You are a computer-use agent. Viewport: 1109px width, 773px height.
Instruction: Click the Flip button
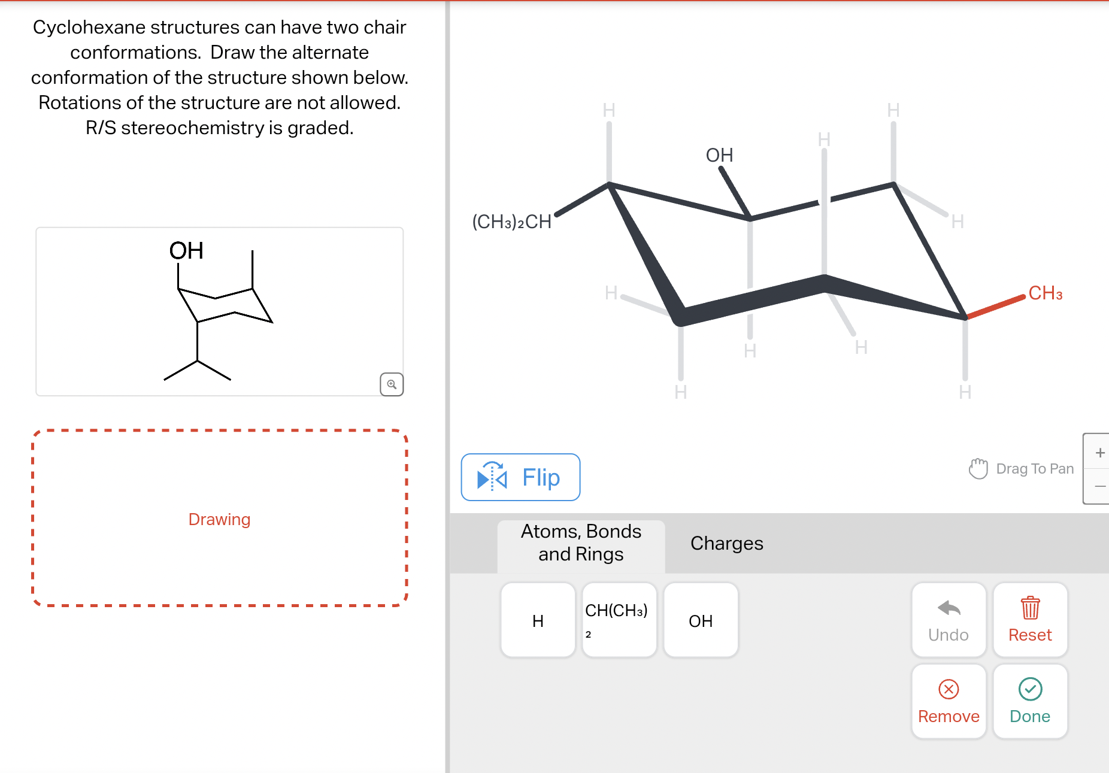click(x=520, y=477)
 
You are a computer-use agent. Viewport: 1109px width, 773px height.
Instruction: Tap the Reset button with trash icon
click(x=1030, y=620)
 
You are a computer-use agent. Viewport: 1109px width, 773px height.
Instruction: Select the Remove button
click(x=949, y=701)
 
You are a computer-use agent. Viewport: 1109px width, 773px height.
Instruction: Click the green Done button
click(x=1030, y=701)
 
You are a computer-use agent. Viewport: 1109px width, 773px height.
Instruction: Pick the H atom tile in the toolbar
click(x=538, y=620)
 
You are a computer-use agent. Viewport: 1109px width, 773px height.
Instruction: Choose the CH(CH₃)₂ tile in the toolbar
click(x=619, y=620)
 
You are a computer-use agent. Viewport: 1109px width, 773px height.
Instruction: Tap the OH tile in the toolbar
click(x=701, y=620)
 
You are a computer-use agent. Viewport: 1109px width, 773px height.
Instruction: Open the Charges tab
click(x=726, y=543)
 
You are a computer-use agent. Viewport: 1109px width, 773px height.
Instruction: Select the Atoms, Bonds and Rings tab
click(x=581, y=543)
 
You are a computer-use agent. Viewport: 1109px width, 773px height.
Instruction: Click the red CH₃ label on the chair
click(x=1045, y=293)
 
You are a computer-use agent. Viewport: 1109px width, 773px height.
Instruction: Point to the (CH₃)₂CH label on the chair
click(x=511, y=222)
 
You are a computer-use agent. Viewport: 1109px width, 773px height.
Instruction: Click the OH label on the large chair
click(x=719, y=156)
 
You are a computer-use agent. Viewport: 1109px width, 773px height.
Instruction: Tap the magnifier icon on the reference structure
click(x=392, y=384)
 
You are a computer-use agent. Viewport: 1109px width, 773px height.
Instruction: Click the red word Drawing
click(x=219, y=519)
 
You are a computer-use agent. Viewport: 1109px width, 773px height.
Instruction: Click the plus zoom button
click(x=1099, y=453)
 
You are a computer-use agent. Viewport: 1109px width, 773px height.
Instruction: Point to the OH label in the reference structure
click(x=186, y=251)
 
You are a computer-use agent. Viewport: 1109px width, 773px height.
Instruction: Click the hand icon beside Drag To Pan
click(x=978, y=468)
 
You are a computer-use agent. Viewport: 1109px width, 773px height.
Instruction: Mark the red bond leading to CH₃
click(x=995, y=307)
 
